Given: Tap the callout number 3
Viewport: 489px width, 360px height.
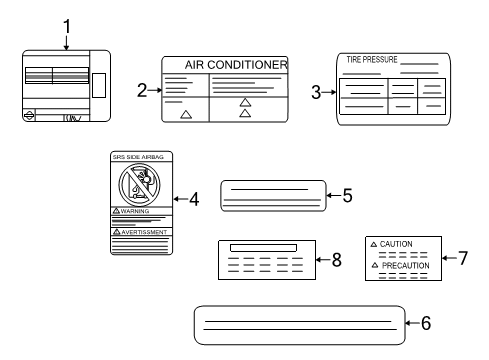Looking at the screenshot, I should (316, 93).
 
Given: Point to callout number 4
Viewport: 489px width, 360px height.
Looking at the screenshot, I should (194, 198).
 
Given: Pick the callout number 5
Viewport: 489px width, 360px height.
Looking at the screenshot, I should (348, 195).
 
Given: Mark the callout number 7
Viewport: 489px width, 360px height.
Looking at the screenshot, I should (462, 258).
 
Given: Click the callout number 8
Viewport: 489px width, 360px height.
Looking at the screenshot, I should (336, 260).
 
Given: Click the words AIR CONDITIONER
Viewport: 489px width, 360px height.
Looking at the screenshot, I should (237, 65).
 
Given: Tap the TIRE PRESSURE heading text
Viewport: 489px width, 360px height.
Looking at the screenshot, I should (371, 60).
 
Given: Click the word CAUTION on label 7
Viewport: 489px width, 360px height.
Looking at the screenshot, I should (396, 244).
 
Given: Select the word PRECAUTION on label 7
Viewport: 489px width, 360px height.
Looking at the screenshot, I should (404, 265).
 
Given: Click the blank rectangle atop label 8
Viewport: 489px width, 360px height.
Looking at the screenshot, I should (263, 247).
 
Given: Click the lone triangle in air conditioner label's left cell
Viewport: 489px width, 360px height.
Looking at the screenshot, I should (185, 115).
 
